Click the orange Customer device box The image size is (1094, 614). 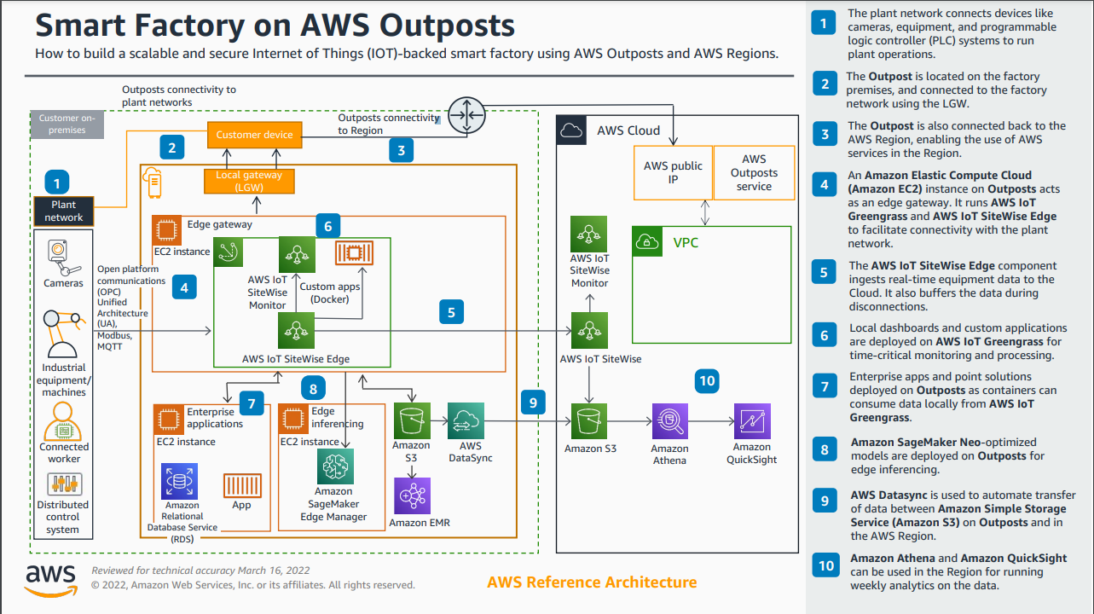(x=254, y=135)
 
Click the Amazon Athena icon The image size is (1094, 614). (x=669, y=421)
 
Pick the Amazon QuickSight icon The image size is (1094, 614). (x=751, y=421)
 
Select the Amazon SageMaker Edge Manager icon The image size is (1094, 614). (x=334, y=466)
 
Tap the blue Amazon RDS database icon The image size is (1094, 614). (x=180, y=481)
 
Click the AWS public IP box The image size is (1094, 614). (x=673, y=173)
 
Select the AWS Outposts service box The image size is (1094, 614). (x=754, y=173)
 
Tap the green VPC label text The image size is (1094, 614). (x=686, y=243)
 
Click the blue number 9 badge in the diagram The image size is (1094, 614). (x=533, y=401)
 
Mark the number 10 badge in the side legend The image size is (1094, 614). (x=825, y=566)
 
